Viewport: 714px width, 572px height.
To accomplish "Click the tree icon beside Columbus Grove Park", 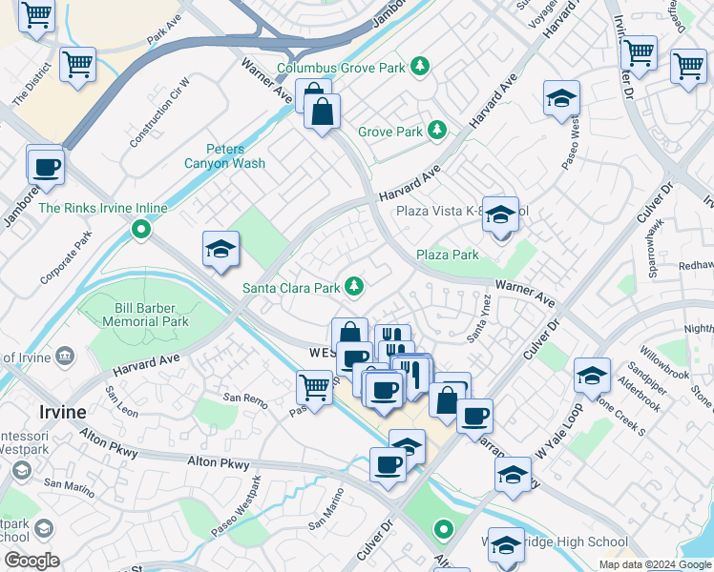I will pyautogui.click(x=418, y=67).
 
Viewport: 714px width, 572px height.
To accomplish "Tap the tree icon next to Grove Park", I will pyautogui.click(x=437, y=130).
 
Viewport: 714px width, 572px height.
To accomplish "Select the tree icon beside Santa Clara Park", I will pyautogui.click(x=354, y=285).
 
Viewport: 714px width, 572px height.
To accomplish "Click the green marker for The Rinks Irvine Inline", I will pyautogui.click(x=141, y=229).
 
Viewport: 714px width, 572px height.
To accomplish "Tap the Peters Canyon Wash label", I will pyautogui.click(x=224, y=156).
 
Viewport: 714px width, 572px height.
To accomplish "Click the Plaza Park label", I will pyautogui.click(x=447, y=255).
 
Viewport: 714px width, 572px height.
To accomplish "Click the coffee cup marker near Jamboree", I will pyautogui.click(x=46, y=167).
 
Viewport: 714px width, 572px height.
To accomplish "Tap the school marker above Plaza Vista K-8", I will pyautogui.click(x=499, y=216).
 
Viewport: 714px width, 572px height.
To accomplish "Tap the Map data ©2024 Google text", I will pyautogui.click(x=654, y=564).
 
